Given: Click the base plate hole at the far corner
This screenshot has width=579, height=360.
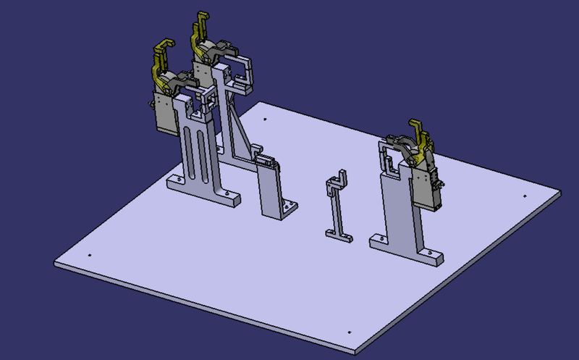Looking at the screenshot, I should (266, 119).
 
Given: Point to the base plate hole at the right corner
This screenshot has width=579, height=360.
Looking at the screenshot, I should (523, 195).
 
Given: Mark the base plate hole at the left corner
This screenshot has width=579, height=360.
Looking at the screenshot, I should (88, 255).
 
